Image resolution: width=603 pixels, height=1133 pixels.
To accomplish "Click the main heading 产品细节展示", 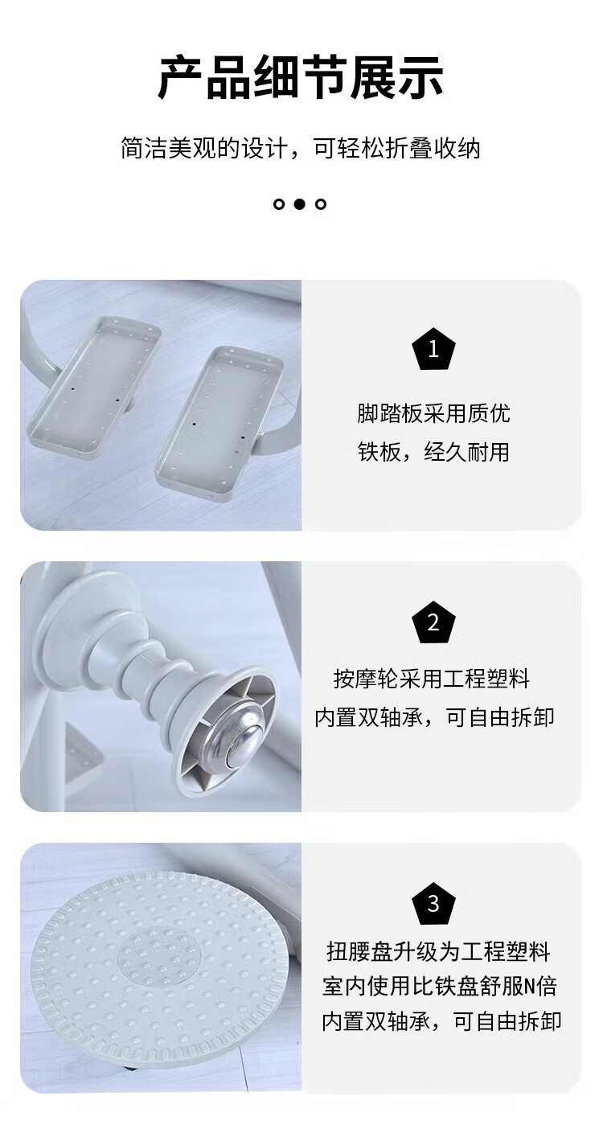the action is coord(301,78).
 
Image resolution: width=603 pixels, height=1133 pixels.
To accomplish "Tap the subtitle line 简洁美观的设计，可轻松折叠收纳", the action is coord(301,149).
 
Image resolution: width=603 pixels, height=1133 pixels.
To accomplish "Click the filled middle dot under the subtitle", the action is coord(299,204).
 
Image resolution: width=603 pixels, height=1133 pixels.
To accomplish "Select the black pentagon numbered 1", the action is coord(433,349).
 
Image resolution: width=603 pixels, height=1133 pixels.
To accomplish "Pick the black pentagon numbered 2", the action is coord(433,622).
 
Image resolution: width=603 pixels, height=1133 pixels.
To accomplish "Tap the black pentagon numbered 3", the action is coord(433,903).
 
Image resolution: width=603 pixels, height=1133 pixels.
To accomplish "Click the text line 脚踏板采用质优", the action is coord(433,413).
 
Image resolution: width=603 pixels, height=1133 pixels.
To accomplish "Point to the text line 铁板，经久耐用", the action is coord(433,452).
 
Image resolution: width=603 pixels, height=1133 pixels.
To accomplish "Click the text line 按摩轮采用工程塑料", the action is coord(432,679).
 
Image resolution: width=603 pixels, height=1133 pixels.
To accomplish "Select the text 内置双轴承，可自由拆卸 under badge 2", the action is coord(434,716).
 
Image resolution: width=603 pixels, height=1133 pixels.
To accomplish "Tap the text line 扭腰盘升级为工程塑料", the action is coord(438,951).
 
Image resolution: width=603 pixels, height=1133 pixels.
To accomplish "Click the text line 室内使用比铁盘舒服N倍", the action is coord(440,986).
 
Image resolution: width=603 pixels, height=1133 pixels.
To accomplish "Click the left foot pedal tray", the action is coord(93,384).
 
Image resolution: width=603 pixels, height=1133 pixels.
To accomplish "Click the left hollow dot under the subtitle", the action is coord(279,204).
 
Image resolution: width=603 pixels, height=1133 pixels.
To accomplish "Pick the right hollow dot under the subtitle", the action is coord(321,204).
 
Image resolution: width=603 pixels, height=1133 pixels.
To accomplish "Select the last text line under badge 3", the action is coord(441,1020).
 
